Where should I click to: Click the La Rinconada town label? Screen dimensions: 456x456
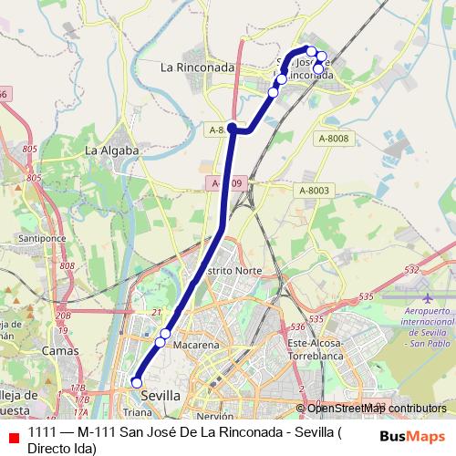click(x=197, y=67)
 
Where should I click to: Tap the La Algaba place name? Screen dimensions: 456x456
click(x=111, y=150)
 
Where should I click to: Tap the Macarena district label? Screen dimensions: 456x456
click(x=196, y=346)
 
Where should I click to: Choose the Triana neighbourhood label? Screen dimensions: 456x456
click(x=138, y=412)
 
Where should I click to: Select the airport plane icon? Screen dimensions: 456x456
click(x=429, y=297)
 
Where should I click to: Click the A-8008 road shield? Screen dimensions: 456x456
click(x=333, y=138)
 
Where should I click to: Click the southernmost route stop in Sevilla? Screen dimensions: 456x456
click(x=136, y=383)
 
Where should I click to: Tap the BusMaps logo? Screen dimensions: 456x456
click(x=413, y=436)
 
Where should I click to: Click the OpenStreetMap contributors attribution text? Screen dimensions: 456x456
click(x=370, y=409)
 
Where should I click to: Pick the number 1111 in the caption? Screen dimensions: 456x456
click(x=40, y=432)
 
